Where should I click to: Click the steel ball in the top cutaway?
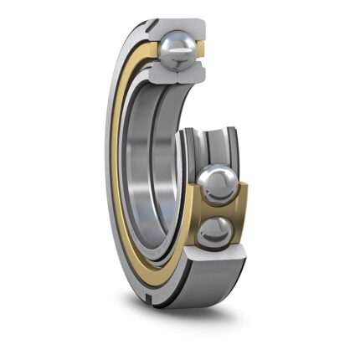(180, 53)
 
